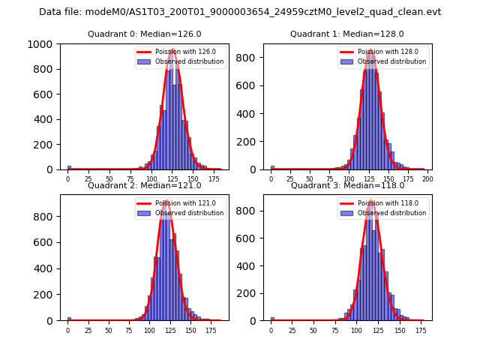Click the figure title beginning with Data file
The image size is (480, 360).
[x=240, y=12]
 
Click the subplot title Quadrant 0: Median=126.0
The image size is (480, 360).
[x=144, y=34]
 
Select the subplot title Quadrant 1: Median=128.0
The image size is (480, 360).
[x=347, y=34]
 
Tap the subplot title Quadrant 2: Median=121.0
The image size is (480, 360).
[x=144, y=185]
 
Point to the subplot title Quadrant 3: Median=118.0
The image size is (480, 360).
[x=347, y=185]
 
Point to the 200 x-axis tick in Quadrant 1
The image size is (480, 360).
[x=427, y=179]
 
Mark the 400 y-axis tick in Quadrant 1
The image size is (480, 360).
[x=250, y=113]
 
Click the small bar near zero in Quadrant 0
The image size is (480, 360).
[x=69, y=167]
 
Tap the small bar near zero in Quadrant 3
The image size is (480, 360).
[x=272, y=318]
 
